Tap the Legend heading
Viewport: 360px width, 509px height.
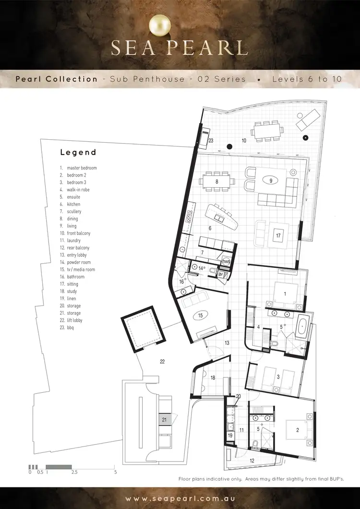click(78, 153)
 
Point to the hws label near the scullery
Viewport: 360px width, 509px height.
click(227, 262)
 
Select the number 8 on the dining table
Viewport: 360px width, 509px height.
click(217, 182)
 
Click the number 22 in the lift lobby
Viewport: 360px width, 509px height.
click(162, 362)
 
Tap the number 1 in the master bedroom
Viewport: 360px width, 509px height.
click(285, 293)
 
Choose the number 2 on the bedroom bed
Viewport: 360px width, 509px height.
click(298, 430)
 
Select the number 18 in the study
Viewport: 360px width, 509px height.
click(213, 378)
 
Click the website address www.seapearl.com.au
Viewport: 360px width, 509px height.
click(180, 499)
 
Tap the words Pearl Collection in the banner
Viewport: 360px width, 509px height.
click(56, 79)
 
